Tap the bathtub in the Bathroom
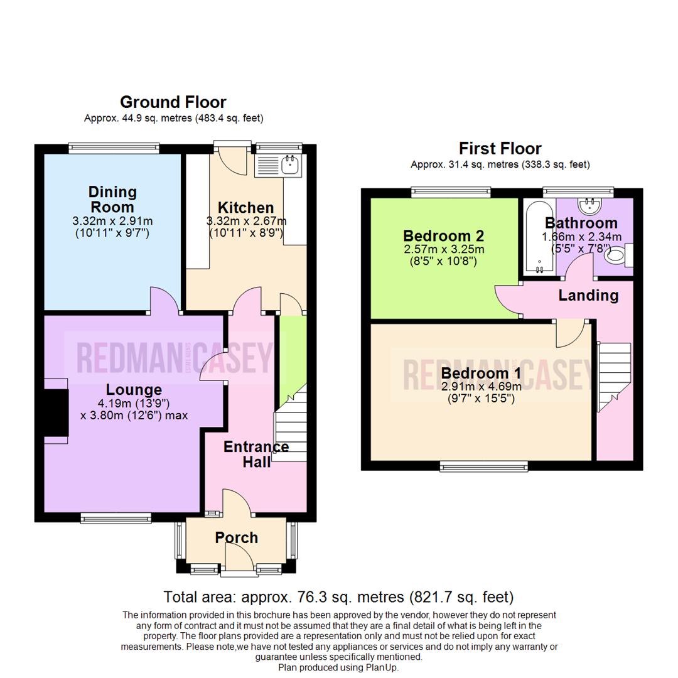[538, 237]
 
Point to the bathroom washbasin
[589, 205]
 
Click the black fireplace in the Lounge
[55, 411]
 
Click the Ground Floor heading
[173, 102]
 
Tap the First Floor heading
[500, 149]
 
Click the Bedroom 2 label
[443, 236]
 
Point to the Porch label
[236, 537]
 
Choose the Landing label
[588, 295]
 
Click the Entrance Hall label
[256, 454]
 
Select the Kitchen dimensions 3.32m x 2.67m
[246, 221]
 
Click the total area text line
[338, 596]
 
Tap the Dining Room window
[114, 148]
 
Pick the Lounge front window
[116, 517]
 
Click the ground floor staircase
[291, 427]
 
